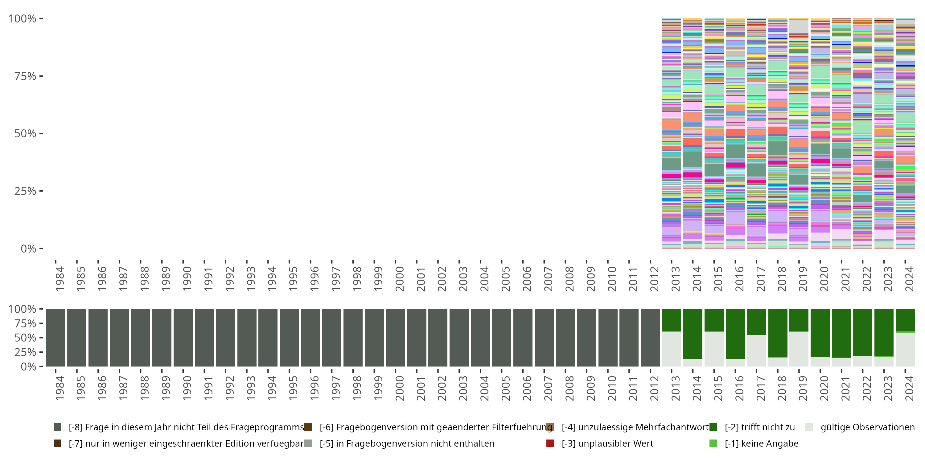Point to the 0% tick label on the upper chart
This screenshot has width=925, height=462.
28,249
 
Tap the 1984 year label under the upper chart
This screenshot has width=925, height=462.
59,279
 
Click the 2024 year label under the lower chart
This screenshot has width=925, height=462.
909,388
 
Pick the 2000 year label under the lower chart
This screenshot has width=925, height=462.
399,388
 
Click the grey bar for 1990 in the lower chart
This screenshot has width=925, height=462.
183,338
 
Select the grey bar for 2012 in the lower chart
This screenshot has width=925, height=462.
650,338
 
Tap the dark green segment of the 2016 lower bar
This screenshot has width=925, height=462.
735,334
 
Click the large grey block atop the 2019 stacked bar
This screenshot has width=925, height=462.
799,26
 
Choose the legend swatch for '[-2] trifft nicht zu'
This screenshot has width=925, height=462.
713,427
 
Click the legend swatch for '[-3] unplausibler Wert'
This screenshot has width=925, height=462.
550,443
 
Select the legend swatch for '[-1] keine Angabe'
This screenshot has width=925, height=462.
713,443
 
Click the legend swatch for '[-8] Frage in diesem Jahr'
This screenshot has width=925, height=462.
57,427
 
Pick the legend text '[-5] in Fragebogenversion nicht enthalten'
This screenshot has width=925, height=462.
407,443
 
